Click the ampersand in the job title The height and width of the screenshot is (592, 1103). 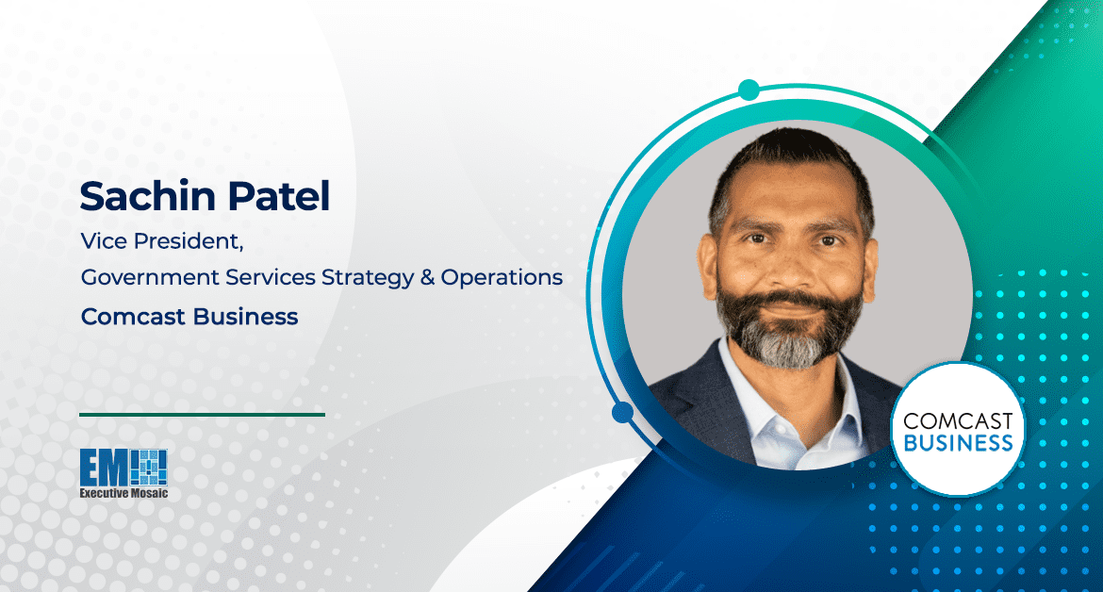pyautogui.click(x=423, y=278)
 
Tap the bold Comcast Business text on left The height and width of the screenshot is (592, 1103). pyautogui.click(x=189, y=317)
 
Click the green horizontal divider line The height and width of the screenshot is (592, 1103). pyautogui.click(x=202, y=414)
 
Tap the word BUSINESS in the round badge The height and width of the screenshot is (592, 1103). pyautogui.click(x=957, y=442)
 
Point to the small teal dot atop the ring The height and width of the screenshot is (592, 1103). pyautogui.click(x=749, y=90)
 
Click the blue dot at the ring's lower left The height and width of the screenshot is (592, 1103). pyautogui.click(x=622, y=413)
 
